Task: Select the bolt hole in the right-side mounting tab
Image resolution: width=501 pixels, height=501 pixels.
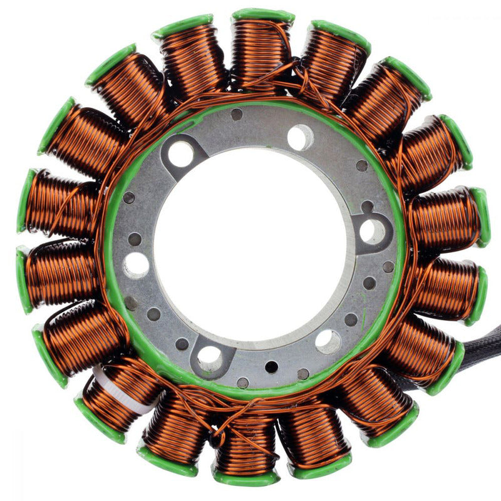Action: tap(372, 231)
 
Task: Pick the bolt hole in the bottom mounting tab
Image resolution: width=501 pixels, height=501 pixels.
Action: tap(210, 358)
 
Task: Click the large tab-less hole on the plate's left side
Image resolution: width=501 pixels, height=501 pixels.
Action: tap(137, 264)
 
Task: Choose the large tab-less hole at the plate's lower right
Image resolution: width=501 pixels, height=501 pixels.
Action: tap(328, 342)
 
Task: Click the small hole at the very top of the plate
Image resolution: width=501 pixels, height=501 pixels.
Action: tap(237, 114)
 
